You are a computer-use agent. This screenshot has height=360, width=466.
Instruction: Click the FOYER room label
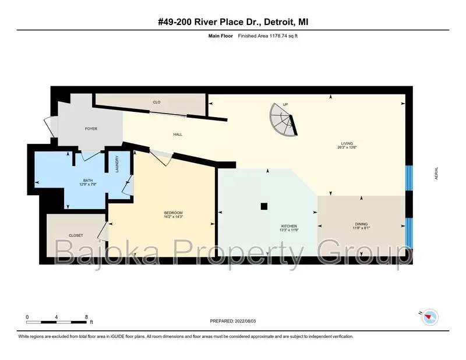pos(91,129)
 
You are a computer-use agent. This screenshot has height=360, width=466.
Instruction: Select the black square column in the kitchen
pos(264,206)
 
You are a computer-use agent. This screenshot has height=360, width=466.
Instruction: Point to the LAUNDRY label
pos(117,164)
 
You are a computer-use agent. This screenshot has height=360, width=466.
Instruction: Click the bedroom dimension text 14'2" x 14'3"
pos(173,217)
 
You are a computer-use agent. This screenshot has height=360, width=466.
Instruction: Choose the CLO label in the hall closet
pos(157,103)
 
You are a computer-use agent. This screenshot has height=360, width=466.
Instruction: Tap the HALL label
pos(178,135)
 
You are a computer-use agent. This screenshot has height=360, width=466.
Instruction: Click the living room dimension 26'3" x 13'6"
pos(347,147)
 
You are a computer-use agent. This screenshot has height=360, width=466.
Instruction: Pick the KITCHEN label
pos(288,226)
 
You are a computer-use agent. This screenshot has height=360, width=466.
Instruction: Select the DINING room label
pos(361,224)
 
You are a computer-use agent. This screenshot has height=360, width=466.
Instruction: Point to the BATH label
pos(88,181)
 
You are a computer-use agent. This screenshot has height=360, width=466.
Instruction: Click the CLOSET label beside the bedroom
pos(76,235)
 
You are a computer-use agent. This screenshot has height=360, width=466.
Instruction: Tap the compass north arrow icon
pos(430,317)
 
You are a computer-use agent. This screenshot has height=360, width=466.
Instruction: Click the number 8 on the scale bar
pos(86,317)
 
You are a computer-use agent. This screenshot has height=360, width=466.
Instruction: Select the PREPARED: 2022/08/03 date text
pos(232,321)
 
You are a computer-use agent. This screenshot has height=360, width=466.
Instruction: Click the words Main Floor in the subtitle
pos(221,36)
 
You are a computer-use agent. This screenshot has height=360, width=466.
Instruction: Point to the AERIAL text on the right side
pos(436,174)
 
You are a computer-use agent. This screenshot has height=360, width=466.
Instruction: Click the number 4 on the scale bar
pos(56,317)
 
